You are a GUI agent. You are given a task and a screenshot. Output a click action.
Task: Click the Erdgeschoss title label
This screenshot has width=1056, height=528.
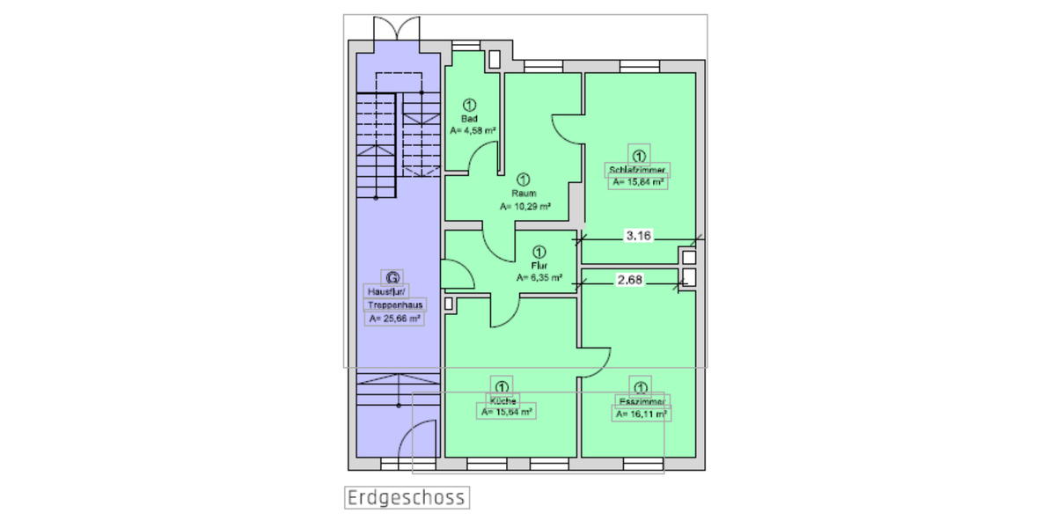click(406, 498)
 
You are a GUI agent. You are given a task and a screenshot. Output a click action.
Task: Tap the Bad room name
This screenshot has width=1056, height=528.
click(469, 119)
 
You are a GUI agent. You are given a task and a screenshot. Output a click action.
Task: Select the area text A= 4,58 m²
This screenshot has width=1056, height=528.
click(473, 130)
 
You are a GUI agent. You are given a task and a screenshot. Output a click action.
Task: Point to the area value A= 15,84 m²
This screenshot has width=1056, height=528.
click(639, 182)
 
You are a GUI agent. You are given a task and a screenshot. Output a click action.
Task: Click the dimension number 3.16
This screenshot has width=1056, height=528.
click(638, 235)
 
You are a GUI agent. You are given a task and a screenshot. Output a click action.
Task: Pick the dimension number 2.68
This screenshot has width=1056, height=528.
click(630, 281)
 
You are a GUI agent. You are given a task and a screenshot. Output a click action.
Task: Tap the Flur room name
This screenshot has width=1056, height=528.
click(539, 264)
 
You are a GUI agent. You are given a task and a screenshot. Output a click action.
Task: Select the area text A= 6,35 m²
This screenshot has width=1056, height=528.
click(539, 276)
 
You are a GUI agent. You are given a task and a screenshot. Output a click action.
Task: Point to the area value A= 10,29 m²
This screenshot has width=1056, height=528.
click(525, 207)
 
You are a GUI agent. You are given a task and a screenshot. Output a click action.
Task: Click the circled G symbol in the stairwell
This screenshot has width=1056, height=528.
click(393, 276)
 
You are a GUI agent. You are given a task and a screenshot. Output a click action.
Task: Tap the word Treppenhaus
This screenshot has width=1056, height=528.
click(395, 305)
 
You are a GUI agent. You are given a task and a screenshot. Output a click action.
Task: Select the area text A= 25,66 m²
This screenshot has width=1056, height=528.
click(395, 319)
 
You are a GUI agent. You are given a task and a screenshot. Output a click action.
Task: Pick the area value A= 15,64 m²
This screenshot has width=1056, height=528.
click(506, 412)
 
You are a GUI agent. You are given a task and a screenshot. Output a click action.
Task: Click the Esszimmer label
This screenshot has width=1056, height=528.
click(640, 401)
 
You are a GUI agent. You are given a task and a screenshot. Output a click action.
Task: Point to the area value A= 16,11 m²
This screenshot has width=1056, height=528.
click(641, 414)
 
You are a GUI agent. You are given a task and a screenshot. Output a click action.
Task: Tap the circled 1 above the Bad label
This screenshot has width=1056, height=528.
click(469, 106)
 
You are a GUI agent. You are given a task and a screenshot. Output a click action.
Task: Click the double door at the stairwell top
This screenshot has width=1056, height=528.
click(389, 28)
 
